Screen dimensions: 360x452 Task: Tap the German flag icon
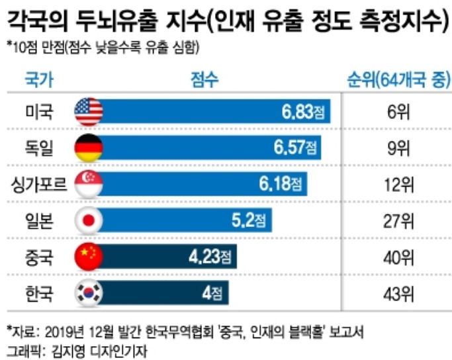click(88, 146)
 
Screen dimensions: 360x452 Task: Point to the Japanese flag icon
click(88, 219)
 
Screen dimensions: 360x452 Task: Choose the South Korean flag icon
click(88, 291)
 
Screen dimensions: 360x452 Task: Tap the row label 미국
click(38, 111)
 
